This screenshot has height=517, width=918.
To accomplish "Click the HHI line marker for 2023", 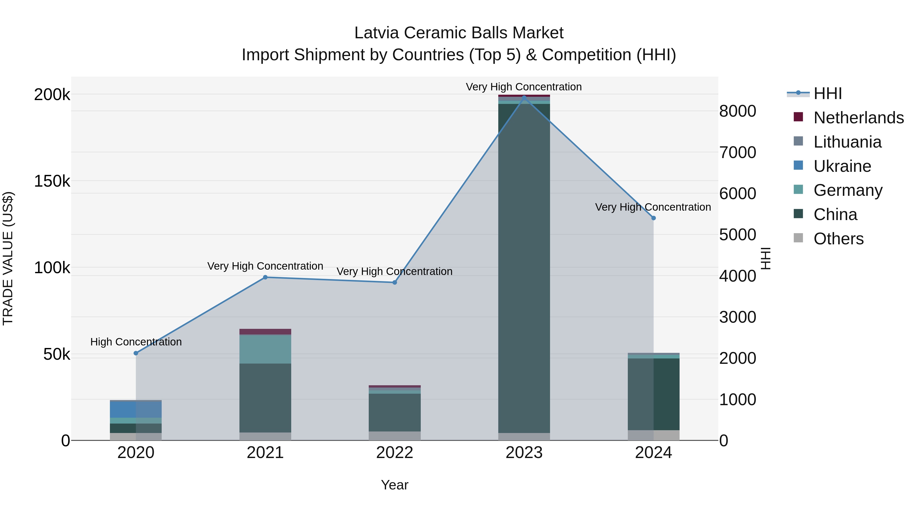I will coord(524,97).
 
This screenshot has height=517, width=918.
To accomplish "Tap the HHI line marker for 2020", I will coord(136,353).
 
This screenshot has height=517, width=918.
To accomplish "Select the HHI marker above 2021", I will coord(265,277).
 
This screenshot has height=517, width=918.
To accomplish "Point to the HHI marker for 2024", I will coord(653,218).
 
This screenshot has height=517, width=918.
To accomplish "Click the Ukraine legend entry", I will coord(842,166).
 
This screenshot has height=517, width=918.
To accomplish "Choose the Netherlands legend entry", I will coord(858,118).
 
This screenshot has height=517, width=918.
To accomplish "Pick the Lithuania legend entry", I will coord(847,142).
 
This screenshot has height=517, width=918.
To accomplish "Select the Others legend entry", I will coord(838,239).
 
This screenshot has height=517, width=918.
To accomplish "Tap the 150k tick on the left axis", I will coord(52,181).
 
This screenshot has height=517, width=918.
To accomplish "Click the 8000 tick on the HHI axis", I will coord(737,111).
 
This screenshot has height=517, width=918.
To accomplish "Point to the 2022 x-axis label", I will coord(394,453).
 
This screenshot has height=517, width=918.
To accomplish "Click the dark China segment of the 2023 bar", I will coord(524,268).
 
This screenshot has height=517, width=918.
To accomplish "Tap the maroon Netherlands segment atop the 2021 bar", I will coord(265,331).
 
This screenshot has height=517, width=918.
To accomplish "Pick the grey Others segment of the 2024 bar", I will coord(653,435).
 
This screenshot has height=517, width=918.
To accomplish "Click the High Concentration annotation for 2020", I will coord(136,342).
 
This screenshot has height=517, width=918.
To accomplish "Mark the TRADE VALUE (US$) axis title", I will coord(8,258).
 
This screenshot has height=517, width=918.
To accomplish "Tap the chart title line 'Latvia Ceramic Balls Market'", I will coord(459,33).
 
